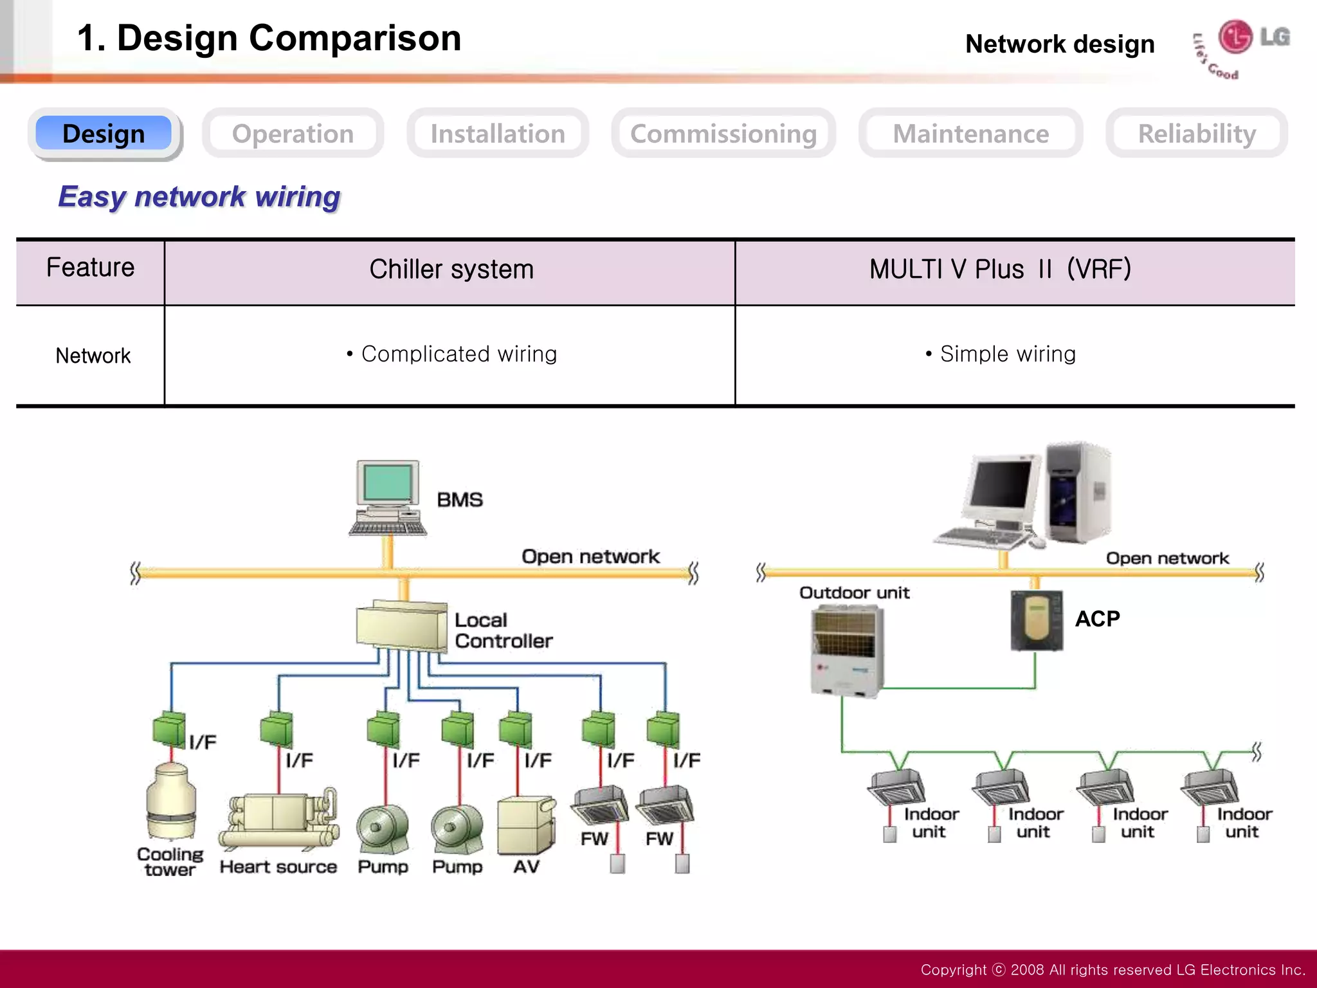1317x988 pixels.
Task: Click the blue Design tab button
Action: [x=104, y=133]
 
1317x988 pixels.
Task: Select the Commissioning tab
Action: [x=723, y=134]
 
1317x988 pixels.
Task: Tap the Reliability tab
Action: [x=1196, y=134]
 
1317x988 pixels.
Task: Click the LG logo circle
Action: [x=1235, y=37]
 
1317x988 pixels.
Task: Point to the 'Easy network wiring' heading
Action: [x=199, y=196]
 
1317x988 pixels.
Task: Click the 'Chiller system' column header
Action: [x=451, y=270]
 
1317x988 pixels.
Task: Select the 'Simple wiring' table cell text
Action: [x=1007, y=354]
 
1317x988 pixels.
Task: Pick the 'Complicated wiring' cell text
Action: [x=458, y=354]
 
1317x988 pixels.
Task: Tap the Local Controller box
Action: [x=402, y=627]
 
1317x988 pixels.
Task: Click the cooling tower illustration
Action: [x=170, y=801]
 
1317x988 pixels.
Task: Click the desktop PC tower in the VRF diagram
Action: [x=1078, y=492]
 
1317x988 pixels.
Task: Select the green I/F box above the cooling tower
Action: [x=169, y=729]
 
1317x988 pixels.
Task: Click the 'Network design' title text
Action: [x=1060, y=44]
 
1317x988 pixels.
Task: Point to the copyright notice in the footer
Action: [x=1112, y=969]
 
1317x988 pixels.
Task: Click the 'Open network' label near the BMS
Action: [x=590, y=556]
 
